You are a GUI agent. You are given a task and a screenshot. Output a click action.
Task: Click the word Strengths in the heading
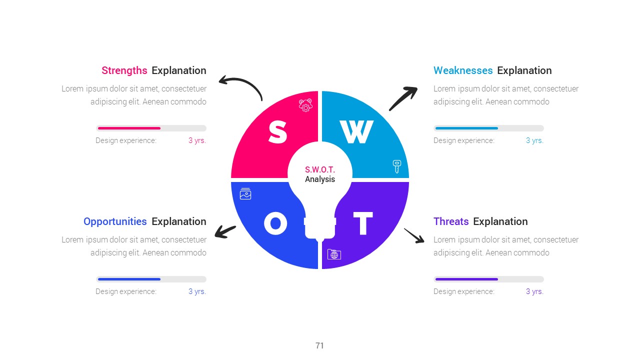pyautogui.click(x=124, y=70)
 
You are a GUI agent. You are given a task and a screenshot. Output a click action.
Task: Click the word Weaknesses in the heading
pyautogui.click(x=463, y=70)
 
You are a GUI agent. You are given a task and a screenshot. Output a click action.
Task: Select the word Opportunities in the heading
pyautogui.click(x=115, y=221)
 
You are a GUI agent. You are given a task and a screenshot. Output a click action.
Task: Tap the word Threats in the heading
pyautogui.click(x=451, y=221)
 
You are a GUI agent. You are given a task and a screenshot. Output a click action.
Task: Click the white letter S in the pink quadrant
pyautogui.click(x=277, y=131)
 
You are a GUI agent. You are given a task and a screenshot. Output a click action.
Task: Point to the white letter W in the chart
pyautogui.click(x=356, y=131)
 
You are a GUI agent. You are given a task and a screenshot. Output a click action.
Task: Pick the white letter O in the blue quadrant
pyautogui.click(x=275, y=223)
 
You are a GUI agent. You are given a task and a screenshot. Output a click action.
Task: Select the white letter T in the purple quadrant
pyautogui.click(x=363, y=223)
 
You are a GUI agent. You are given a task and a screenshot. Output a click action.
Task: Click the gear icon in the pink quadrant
pyautogui.click(x=305, y=105)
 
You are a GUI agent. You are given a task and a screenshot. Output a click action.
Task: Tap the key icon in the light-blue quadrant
pyautogui.click(x=397, y=166)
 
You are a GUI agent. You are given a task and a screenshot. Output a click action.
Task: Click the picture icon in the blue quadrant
pyautogui.click(x=245, y=193)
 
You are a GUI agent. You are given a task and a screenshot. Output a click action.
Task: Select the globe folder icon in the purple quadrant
pyautogui.click(x=334, y=254)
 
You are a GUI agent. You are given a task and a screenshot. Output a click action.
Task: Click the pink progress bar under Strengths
pyautogui.click(x=129, y=128)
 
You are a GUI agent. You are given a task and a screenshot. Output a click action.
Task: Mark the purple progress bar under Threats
pyautogui.click(x=466, y=279)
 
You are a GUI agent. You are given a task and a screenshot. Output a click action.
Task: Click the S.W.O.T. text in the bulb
pyautogui.click(x=319, y=169)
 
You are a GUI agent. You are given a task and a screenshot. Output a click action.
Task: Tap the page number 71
pyautogui.click(x=319, y=345)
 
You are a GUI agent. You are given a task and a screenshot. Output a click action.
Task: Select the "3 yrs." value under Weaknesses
pyautogui.click(x=534, y=140)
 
